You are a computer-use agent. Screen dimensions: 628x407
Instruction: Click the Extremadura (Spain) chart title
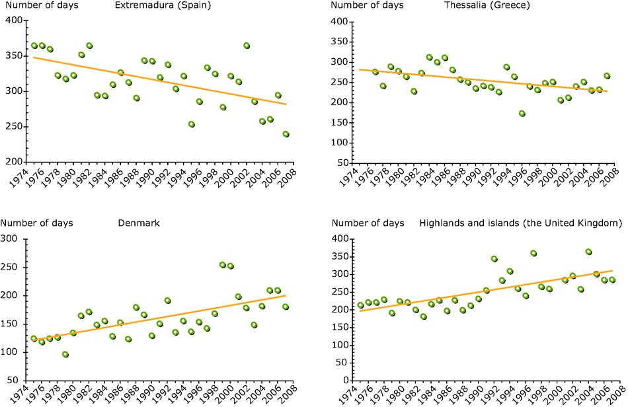(163, 5)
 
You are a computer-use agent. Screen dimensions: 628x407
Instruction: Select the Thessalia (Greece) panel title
(487, 5)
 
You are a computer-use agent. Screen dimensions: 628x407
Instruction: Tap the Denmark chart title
(139, 223)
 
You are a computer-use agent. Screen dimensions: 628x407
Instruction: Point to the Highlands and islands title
(521, 223)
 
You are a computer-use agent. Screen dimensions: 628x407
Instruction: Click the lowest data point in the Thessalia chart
(522, 114)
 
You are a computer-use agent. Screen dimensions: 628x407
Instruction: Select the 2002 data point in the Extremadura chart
(247, 46)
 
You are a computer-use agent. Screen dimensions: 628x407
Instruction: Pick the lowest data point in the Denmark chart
(65, 354)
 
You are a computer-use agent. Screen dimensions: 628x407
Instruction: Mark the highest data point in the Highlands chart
(588, 252)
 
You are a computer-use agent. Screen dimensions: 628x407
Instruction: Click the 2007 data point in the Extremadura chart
(286, 134)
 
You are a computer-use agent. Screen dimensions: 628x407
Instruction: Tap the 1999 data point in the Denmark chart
(223, 265)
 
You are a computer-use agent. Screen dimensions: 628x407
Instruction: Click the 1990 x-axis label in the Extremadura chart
(145, 178)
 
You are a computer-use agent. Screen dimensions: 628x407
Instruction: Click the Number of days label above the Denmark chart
(36, 223)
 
